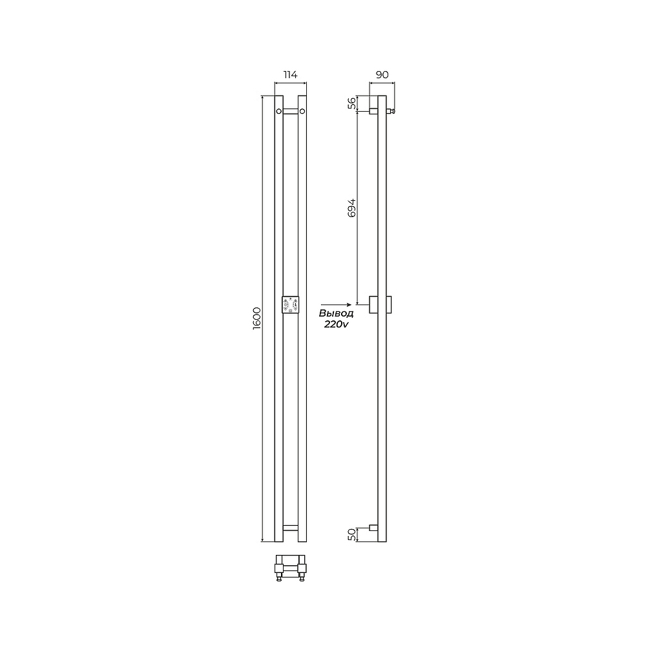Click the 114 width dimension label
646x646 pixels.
pyautogui.click(x=291, y=74)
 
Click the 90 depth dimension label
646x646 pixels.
pyautogui.click(x=382, y=74)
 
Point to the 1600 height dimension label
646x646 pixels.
pyautogui.click(x=257, y=318)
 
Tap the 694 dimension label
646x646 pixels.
pyautogui.click(x=351, y=207)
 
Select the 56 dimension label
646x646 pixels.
pyautogui.click(x=351, y=103)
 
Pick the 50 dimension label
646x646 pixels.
pyautogui.click(x=351, y=535)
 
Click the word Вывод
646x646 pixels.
pyautogui.click(x=336, y=313)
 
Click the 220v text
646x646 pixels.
pyautogui.click(x=336, y=324)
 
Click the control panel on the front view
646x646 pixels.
pyautogui.click(x=291, y=304)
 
